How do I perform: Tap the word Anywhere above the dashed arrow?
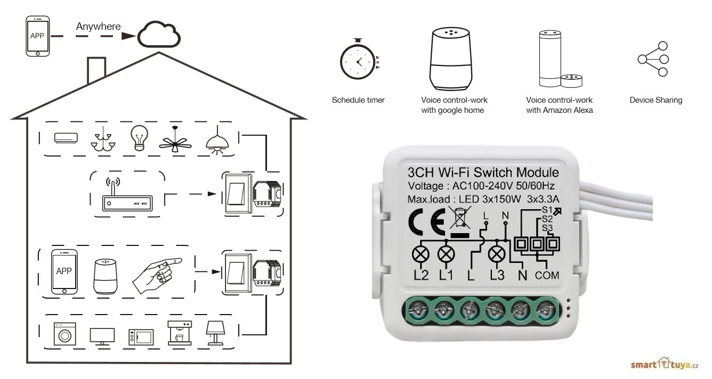98,26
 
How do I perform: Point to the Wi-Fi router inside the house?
126,199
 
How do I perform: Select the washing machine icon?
64,335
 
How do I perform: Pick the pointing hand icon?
157,273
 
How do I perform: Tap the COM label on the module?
547,276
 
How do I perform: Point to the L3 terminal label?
497,276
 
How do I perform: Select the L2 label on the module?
420,276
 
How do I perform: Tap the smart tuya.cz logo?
664,364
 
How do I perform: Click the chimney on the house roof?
96,69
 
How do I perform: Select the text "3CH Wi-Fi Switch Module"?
483,173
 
